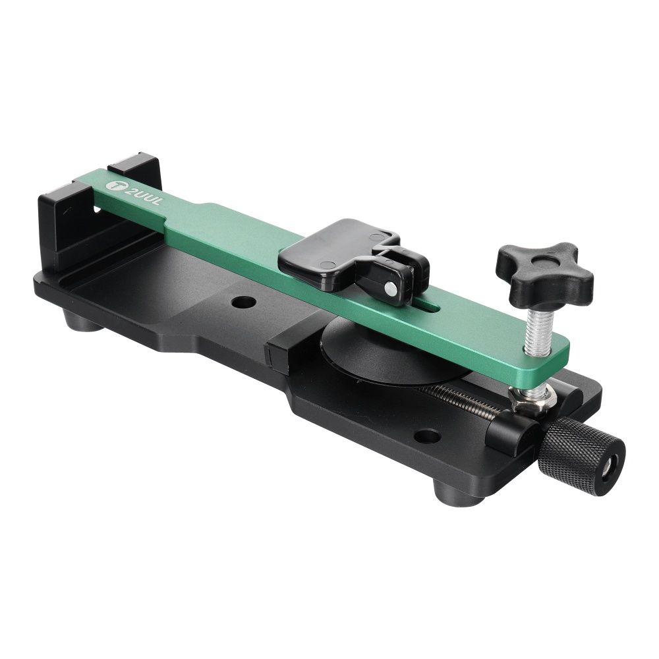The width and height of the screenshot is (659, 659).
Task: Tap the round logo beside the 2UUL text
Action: pyautogui.click(x=113, y=185)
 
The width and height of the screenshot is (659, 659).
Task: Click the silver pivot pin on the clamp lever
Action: pyautogui.click(x=390, y=288)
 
